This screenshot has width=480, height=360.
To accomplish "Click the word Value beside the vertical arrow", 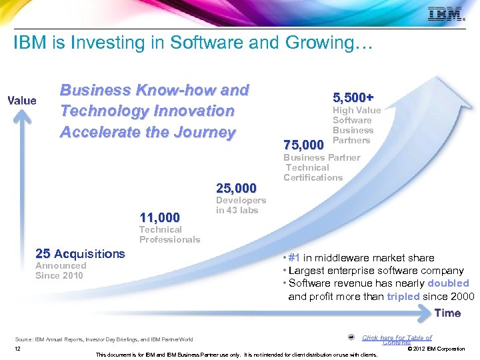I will pyautogui.click(x=21, y=101).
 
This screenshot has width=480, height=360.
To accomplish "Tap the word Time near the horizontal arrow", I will pyautogui.click(x=447, y=313).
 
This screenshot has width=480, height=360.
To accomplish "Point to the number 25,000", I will pyautogui.click(x=236, y=189).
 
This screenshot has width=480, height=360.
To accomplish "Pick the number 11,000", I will pyautogui.click(x=159, y=217).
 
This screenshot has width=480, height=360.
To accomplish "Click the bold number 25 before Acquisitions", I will pyautogui.click(x=43, y=253).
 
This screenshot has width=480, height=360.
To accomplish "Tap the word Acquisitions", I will pyautogui.click(x=89, y=253).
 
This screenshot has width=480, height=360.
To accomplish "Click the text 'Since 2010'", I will pyautogui.click(x=59, y=275).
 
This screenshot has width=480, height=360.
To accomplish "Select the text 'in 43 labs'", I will pyautogui.click(x=237, y=211).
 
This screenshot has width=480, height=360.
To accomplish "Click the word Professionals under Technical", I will pyautogui.click(x=169, y=239).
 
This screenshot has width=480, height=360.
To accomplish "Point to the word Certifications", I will pyautogui.click(x=313, y=177).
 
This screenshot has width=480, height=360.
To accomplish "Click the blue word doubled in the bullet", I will pyautogui.click(x=448, y=283).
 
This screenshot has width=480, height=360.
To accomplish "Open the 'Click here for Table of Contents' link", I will pyautogui.click(x=397, y=339).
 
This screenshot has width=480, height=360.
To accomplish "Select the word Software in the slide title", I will pyautogui.click(x=200, y=43).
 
